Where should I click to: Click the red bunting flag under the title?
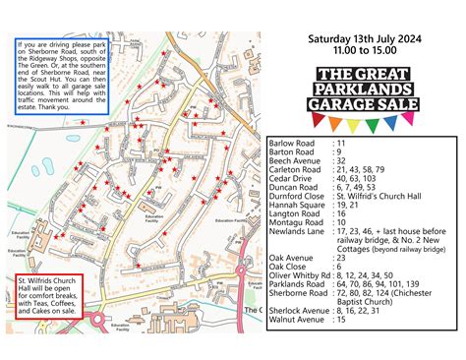[319, 120]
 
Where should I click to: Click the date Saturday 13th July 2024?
[362, 40]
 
